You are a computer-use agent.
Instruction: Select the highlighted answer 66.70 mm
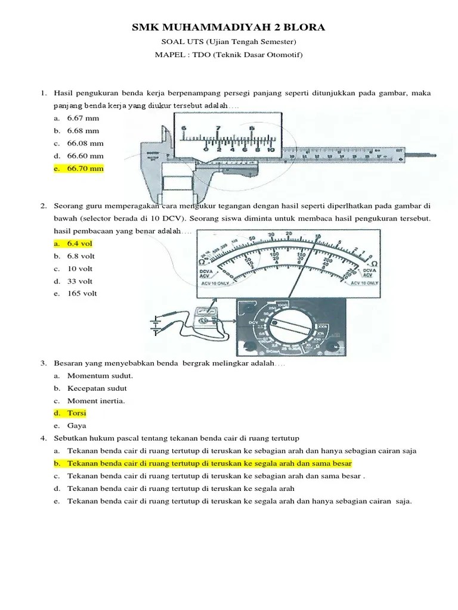[85, 169]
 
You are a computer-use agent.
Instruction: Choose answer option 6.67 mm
[83, 118]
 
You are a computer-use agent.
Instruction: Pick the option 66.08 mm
[85, 143]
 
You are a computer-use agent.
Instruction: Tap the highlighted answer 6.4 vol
[80, 244]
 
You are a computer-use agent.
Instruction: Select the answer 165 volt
[82, 293]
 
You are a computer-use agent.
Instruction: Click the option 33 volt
[81, 281]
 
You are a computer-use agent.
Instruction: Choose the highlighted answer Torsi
[77, 413]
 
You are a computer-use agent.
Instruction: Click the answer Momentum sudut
[100, 376]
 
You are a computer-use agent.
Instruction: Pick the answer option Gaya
[77, 425]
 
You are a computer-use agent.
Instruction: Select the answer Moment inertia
[96, 401]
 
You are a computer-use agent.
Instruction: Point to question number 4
[44, 438]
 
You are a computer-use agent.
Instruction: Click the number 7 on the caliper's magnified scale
[218, 128]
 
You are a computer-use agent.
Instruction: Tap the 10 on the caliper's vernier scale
[271, 150]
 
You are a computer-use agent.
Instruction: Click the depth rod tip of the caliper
[440, 157]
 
